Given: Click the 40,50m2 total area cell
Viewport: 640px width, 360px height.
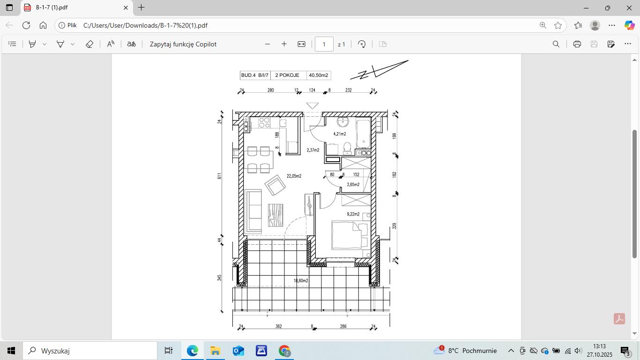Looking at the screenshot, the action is pos(319,75).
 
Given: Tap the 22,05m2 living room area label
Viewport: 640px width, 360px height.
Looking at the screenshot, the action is pos(294,176).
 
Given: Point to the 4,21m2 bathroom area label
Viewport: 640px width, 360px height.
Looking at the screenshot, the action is pos(340,134).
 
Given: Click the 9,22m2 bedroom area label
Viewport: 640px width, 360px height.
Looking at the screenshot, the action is pos(353,214).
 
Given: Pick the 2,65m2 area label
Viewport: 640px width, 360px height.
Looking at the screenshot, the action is pos(353,185).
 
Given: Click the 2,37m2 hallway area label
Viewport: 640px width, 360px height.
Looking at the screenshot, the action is pos(313,150).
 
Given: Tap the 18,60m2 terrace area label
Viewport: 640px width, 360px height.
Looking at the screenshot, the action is pos(301,281).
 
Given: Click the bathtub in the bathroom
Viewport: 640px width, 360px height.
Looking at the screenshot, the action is pos(364,134).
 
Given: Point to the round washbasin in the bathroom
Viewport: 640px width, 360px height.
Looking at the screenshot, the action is pos(343,122).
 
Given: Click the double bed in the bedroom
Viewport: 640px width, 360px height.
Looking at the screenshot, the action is pos(350,235).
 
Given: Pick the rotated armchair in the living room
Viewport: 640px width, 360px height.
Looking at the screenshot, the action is pos(275,185).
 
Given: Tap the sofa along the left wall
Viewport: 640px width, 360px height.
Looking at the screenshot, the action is pos(253,211).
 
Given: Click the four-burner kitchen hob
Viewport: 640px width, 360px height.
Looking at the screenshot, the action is pos(264,123).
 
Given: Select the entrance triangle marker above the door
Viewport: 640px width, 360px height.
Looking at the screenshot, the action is pos(313,106).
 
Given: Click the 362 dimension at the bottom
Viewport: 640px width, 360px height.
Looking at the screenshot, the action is pos(279,326).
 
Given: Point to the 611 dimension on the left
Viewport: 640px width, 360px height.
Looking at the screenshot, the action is pos(219,176).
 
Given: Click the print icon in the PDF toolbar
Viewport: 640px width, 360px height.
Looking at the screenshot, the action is pos(577,44).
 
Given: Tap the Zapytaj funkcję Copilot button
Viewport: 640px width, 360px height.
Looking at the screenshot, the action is pos(183,44).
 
